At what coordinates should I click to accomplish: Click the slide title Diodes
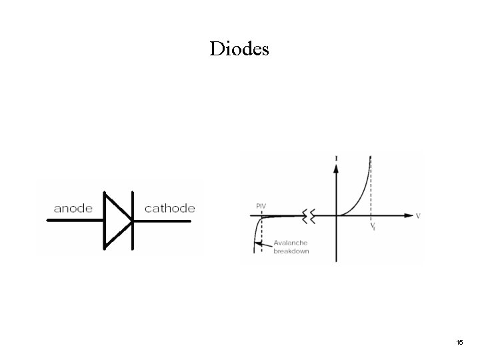239,49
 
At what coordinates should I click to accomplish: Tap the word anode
73,209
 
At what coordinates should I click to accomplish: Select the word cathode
170,209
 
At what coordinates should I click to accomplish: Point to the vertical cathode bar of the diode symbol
132,220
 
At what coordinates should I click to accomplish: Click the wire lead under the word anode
73,221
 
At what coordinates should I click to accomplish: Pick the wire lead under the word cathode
167,221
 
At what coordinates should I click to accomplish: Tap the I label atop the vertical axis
335,157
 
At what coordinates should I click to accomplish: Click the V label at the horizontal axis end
418,216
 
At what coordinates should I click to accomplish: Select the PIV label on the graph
261,207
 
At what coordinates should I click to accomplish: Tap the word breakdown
291,251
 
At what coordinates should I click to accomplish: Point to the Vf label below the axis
372,225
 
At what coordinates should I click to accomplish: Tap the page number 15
459,342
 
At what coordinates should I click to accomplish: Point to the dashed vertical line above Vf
371,190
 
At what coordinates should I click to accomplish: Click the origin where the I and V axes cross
335,216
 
